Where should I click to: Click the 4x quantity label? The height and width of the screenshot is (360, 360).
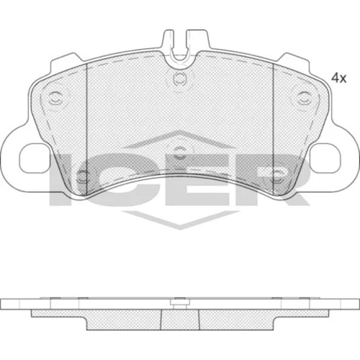coord(338,78)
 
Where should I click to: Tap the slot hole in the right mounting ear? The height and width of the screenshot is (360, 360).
coord(325,158)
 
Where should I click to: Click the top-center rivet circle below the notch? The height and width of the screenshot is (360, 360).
coord(180,78)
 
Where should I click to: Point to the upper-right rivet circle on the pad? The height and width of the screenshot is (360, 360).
coord(304,99)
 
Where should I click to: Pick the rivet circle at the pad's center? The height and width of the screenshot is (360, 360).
coord(179,153)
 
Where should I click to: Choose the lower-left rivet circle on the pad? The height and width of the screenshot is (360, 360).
coord(83,177)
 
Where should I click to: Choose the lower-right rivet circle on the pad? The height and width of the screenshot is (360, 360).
coord(277,177)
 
